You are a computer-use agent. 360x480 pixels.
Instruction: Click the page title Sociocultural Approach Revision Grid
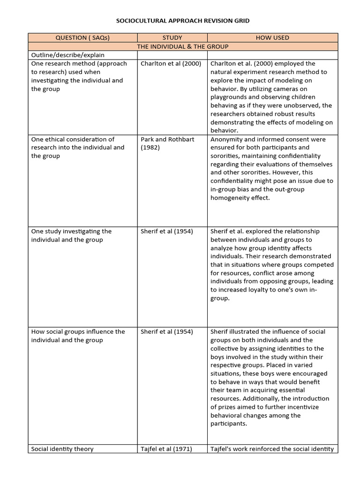tap(183, 21)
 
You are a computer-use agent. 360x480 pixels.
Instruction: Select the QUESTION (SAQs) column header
tap(82, 37)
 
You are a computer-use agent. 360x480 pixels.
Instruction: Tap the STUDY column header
tap(172, 37)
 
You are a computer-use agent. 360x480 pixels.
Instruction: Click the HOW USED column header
tap(272, 37)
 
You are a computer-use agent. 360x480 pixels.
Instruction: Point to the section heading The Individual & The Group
tap(183, 46)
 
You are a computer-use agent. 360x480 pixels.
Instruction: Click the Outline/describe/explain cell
tap(68, 55)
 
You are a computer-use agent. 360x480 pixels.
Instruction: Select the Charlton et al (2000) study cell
tap(171, 64)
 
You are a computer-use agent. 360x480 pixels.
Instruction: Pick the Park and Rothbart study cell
tap(167, 139)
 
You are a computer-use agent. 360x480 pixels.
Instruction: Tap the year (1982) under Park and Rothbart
tap(151, 148)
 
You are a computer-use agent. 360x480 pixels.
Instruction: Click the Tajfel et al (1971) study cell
tap(167, 449)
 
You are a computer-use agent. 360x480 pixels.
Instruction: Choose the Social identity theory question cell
tap(62, 449)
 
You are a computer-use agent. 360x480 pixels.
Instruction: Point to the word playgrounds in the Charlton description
tap(231, 97)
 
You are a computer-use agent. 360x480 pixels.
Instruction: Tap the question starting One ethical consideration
tap(77, 147)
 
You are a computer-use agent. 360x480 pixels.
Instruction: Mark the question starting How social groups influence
tap(78, 336)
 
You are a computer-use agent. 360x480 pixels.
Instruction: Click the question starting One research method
tap(78, 76)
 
